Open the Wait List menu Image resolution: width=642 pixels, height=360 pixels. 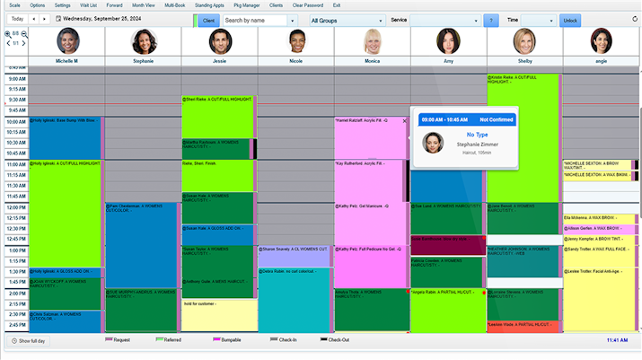[88, 5]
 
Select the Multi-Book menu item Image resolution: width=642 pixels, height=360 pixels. [175, 5]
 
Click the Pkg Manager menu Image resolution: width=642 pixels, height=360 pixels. [246, 5]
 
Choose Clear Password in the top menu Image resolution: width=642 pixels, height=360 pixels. [308, 5]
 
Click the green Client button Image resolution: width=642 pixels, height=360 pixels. [208, 20]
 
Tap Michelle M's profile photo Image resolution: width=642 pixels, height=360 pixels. [68, 41]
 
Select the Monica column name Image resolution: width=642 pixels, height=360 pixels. [372, 61]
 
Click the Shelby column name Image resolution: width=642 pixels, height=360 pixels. [524, 61]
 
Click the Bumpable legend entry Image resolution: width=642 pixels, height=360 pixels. [235, 340]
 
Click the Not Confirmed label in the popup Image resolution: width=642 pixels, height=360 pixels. [496, 119]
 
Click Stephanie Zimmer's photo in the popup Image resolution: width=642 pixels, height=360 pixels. [432, 145]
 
